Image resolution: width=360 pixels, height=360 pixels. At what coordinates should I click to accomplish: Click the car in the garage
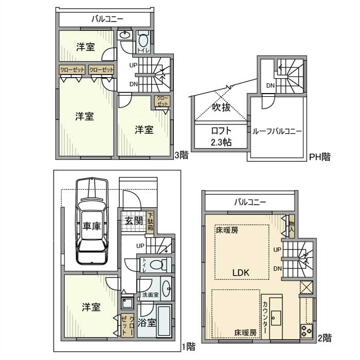[x=92, y=221]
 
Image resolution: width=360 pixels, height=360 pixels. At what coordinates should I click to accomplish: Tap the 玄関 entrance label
[x=134, y=221]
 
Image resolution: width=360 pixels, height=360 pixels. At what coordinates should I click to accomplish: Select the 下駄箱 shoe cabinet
[x=150, y=222]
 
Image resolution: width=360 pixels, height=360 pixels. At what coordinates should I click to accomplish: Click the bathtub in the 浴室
[x=164, y=321]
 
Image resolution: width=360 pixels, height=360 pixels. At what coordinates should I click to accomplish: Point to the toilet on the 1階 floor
[x=158, y=265]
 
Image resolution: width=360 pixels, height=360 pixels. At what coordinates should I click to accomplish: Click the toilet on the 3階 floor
[x=143, y=41]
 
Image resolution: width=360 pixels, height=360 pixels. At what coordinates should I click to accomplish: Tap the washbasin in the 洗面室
[x=166, y=289]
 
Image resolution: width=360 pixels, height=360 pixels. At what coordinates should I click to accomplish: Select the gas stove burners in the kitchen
[x=307, y=331]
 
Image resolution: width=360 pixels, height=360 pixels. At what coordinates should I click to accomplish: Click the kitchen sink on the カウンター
[x=276, y=318]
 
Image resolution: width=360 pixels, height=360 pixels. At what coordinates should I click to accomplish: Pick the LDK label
[x=241, y=273]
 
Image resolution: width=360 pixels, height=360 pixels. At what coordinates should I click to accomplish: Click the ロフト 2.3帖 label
[x=221, y=137]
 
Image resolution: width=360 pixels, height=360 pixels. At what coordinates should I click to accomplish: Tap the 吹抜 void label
[x=221, y=107]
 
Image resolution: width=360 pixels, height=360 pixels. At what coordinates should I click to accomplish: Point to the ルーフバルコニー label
[x=277, y=131]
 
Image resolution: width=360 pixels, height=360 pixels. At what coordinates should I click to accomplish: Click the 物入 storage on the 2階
[x=292, y=226]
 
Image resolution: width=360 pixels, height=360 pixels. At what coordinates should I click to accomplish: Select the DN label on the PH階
[x=271, y=86]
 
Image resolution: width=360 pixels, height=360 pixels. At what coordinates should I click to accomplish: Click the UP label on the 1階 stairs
[x=140, y=246]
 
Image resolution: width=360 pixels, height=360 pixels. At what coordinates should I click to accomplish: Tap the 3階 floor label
[x=181, y=155]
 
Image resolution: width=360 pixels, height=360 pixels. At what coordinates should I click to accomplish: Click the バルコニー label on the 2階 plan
[x=250, y=202]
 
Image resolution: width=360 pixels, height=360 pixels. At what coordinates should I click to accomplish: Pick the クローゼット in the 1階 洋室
[x=128, y=326]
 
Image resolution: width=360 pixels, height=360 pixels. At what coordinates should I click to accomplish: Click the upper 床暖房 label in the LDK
[x=227, y=230]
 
